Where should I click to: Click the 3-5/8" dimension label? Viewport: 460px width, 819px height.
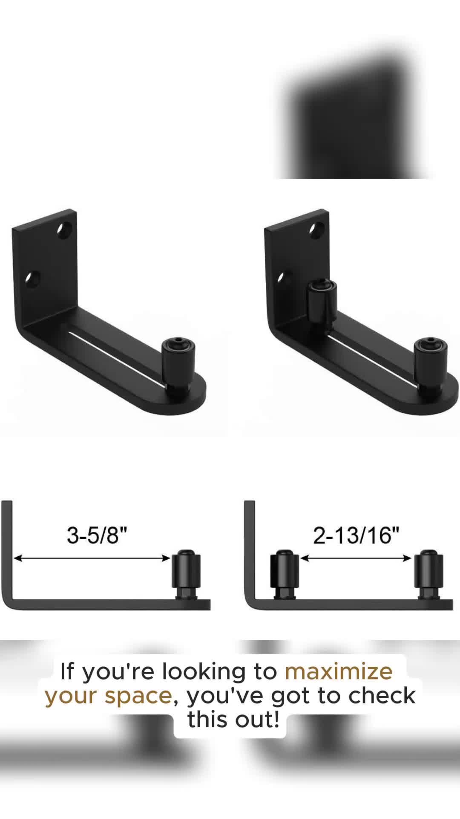[97, 535]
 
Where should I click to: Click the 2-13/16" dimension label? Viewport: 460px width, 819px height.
[356, 535]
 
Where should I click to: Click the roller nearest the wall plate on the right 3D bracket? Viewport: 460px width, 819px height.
[322, 300]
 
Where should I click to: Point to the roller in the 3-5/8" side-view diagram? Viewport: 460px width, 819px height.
[186, 574]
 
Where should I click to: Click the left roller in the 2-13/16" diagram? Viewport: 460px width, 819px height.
[285, 574]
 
